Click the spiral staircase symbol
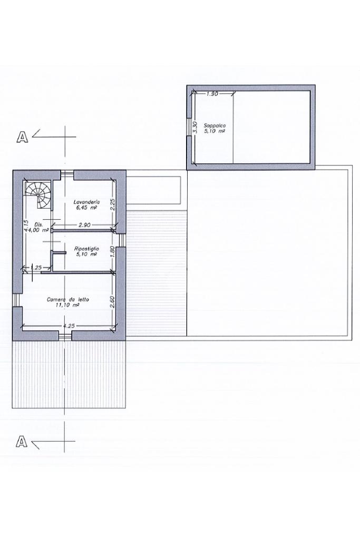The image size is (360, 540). pyautogui.click(x=39, y=195)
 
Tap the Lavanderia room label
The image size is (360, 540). pyautogui.click(x=87, y=202)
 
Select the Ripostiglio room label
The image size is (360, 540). pyautogui.click(x=87, y=248)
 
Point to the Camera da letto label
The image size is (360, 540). pyautogui.click(x=68, y=300)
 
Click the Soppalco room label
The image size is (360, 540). pyautogui.click(x=215, y=126)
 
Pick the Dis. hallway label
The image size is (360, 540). pyautogui.click(x=38, y=224)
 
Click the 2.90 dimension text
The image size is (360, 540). pyautogui.click(x=84, y=225)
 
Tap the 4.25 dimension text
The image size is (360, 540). pyautogui.click(x=69, y=326)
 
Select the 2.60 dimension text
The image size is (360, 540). pyautogui.click(x=112, y=302)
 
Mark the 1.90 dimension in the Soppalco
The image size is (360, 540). pyautogui.click(x=212, y=93)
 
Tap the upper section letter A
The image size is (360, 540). pyautogui.click(x=22, y=136)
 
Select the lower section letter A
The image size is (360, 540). pyautogui.click(x=22, y=441)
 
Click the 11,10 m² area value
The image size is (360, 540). pyautogui.click(x=67, y=305)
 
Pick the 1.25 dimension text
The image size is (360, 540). pyautogui.click(x=36, y=267)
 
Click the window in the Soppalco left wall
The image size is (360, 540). pyautogui.click(x=189, y=127)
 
